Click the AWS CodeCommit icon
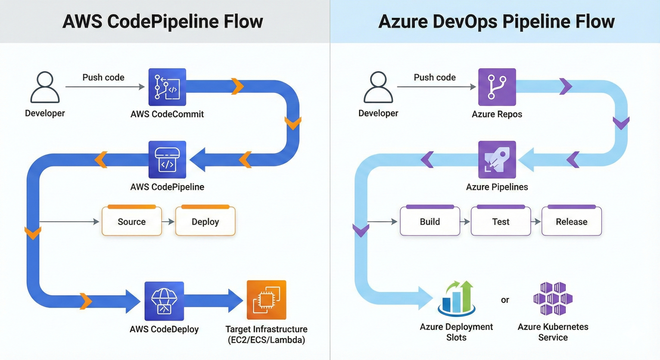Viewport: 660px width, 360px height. [167, 87]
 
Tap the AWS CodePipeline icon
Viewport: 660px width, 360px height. [167, 160]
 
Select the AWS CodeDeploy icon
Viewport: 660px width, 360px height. [164, 301]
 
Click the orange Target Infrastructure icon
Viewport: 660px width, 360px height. [266, 300]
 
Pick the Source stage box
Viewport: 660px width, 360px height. [132, 221]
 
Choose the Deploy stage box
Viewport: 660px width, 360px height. [205, 221]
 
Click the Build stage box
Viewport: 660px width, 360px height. [430, 221]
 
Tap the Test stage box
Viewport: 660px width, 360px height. [501, 221]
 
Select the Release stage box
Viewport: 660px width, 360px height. [571, 221]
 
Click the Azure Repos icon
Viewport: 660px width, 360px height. [497, 87]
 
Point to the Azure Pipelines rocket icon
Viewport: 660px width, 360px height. [497, 160]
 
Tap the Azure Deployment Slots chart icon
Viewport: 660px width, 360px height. [457, 298]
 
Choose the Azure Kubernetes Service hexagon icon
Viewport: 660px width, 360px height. [553, 299]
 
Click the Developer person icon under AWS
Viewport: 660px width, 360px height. [45, 87]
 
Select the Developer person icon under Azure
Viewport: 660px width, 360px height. [378, 87]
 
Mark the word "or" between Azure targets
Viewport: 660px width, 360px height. [505, 300]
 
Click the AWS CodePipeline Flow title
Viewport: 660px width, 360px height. [163, 22]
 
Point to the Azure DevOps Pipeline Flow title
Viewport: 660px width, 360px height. [496, 22]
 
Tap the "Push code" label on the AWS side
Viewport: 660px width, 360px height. [104, 77]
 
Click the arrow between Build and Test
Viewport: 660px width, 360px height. [465, 222]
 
